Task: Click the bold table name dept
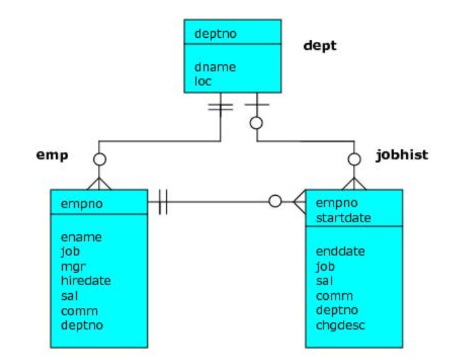point(320,47)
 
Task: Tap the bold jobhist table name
point(401,155)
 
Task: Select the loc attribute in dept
point(202,81)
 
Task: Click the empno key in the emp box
point(78,202)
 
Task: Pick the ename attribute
point(81,238)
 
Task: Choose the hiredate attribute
point(86,280)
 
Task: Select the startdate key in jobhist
point(344,218)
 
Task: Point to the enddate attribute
point(340,251)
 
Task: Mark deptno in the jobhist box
point(335,311)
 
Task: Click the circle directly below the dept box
point(256,123)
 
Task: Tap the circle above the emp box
point(99,160)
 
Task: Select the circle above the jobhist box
point(353,160)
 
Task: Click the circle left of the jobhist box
point(275,201)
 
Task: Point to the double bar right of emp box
point(162,201)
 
